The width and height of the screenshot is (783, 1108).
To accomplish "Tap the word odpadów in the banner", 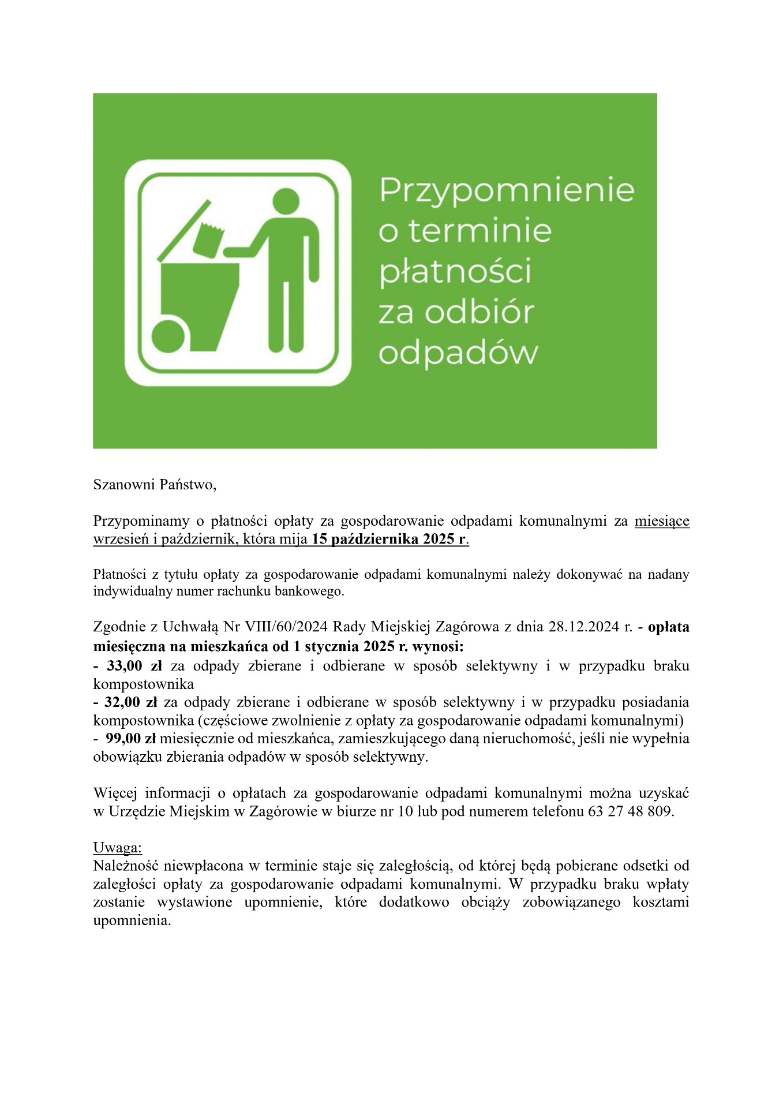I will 458,352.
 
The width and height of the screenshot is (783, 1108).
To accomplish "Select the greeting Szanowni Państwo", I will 155,485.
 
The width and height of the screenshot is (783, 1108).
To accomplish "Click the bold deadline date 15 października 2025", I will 389,540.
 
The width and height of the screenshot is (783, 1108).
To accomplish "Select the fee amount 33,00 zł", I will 134,666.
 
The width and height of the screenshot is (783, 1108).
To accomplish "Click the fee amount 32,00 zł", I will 131,702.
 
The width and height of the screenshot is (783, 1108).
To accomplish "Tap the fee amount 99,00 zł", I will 131,739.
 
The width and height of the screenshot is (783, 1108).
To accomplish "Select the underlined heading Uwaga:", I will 117,848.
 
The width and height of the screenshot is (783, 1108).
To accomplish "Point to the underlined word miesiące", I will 662,521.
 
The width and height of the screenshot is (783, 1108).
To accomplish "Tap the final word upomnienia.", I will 132,920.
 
